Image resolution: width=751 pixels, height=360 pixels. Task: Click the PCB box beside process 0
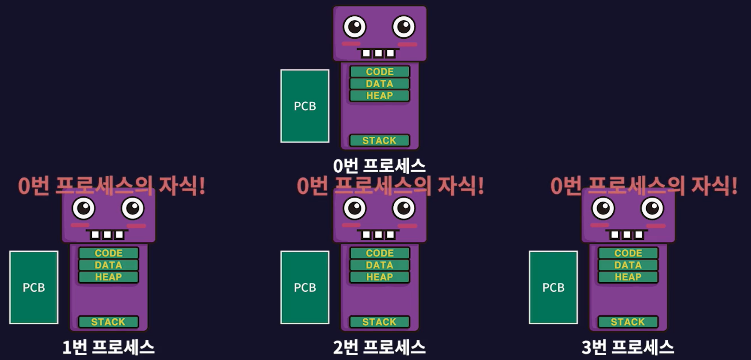coord(305,106)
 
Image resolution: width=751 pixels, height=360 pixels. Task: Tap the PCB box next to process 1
coord(33,287)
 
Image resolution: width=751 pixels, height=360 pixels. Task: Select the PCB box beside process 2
coord(305,287)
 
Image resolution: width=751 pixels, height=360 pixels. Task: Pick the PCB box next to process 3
coord(553,287)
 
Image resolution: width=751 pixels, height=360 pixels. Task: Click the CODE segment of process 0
coord(380,71)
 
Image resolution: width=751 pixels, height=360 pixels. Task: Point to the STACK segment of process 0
coord(380,140)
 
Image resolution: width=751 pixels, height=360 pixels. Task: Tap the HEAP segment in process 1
coord(109,277)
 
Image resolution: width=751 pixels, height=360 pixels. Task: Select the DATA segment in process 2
coord(380,265)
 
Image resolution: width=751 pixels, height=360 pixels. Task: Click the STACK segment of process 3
coord(628,322)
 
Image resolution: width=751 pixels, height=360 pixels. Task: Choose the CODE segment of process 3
coord(628,253)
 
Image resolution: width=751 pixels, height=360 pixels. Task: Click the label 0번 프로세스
coord(380,166)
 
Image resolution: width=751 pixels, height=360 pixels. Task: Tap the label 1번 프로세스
coord(108,347)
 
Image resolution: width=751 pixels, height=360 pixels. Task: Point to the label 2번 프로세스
coord(380,347)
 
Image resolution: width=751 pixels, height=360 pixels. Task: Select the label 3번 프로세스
coord(628,347)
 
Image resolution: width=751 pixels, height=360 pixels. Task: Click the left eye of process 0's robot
coord(355,27)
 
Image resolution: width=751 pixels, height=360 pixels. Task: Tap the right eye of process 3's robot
coord(652,208)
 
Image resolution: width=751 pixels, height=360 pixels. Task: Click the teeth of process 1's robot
coord(107,235)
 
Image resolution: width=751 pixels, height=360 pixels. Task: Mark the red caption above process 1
coord(112,186)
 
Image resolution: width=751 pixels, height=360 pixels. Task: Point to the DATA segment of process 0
coord(380,83)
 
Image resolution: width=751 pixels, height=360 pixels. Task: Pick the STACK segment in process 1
coord(109,322)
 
